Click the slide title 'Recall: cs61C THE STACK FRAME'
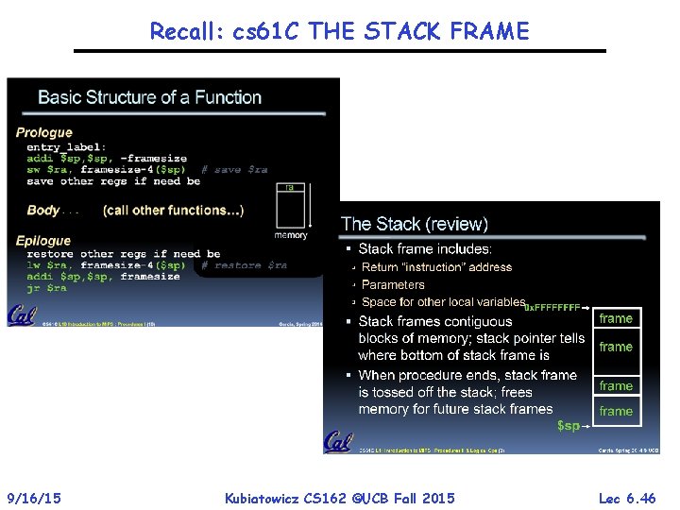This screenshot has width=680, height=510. click(339, 31)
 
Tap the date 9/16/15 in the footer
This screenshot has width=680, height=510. click(34, 498)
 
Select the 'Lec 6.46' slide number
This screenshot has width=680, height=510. click(627, 498)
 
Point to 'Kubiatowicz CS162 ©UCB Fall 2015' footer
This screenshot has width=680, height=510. click(339, 498)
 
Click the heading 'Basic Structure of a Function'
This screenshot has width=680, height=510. click(149, 97)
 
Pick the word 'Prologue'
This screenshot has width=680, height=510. click(43, 132)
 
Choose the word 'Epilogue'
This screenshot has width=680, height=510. click(43, 241)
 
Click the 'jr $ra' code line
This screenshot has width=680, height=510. click(47, 288)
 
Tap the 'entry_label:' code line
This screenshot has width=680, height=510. click(66, 147)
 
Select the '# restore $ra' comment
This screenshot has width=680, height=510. click(245, 265)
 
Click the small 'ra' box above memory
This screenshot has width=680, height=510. click(290, 188)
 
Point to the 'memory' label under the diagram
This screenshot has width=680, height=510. click(291, 235)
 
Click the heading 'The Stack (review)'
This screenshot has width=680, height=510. click(415, 224)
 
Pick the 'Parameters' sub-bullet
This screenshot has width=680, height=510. click(393, 284)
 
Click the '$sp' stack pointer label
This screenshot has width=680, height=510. click(569, 426)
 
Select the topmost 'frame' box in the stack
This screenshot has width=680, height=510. click(616, 319)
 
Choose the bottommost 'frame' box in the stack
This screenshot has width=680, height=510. click(616, 411)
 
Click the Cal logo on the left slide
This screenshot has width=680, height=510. click(22, 314)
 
